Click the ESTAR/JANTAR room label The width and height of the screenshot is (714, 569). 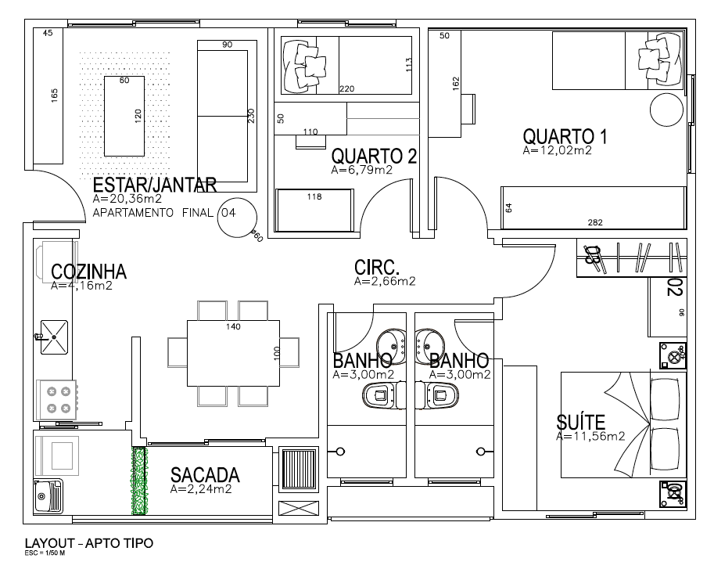[x=154, y=185]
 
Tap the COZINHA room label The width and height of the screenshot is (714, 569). [x=88, y=272]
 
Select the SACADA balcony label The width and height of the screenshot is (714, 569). [x=205, y=475]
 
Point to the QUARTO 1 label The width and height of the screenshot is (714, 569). [x=565, y=136]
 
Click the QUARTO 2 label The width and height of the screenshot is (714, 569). [x=373, y=156]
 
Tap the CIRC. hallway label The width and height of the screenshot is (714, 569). [x=379, y=267]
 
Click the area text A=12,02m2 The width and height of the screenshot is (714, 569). [x=557, y=151]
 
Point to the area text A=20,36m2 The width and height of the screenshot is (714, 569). [x=126, y=200]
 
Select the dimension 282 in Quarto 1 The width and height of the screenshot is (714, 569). [x=594, y=223]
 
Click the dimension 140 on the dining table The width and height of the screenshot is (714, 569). [x=233, y=326]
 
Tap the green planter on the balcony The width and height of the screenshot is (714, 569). [x=139, y=481]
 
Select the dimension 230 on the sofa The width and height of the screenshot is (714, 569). [x=251, y=116]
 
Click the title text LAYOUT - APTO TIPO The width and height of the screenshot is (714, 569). [x=89, y=542]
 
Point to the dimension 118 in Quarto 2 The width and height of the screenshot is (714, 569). [x=314, y=197]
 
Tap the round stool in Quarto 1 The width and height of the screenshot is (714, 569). [x=666, y=110]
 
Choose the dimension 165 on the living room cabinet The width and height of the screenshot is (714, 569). [x=54, y=95]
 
